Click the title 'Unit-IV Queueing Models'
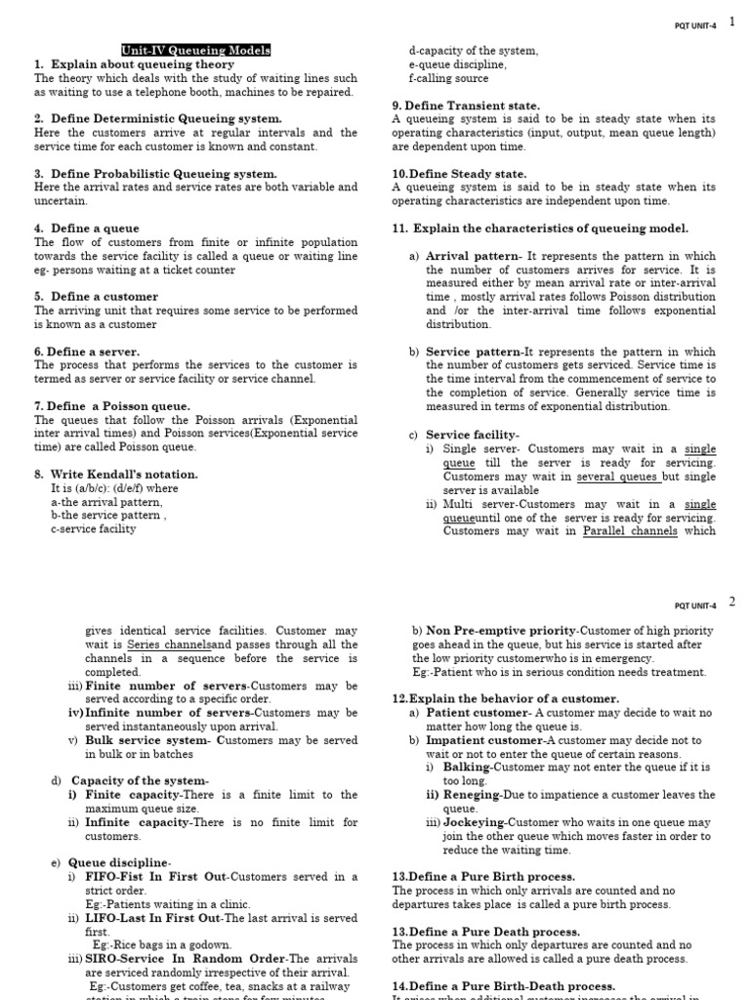[x=196, y=51]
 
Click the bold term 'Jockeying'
[x=466, y=823]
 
